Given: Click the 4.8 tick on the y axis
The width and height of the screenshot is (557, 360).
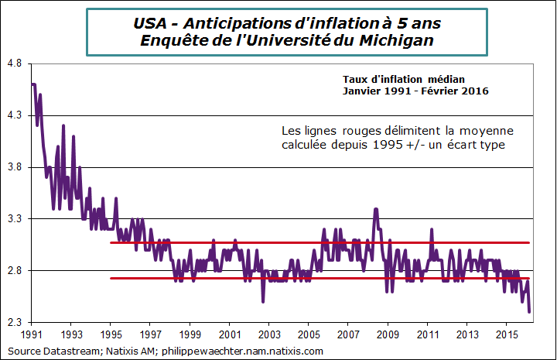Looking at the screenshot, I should [13, 64].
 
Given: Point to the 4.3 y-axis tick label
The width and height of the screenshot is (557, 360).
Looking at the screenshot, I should [13, 116].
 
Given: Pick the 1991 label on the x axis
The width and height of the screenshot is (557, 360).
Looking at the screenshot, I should [32, 335].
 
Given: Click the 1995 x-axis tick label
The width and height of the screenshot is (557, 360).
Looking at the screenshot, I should [111, 335].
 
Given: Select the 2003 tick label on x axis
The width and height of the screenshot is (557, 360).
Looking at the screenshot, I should [268, 335].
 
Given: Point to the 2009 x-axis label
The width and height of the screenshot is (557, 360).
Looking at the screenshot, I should [387, 335].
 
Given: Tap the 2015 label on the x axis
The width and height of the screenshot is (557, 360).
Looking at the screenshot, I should [505, 335].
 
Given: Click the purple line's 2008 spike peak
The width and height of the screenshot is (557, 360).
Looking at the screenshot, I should [376, 209].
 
